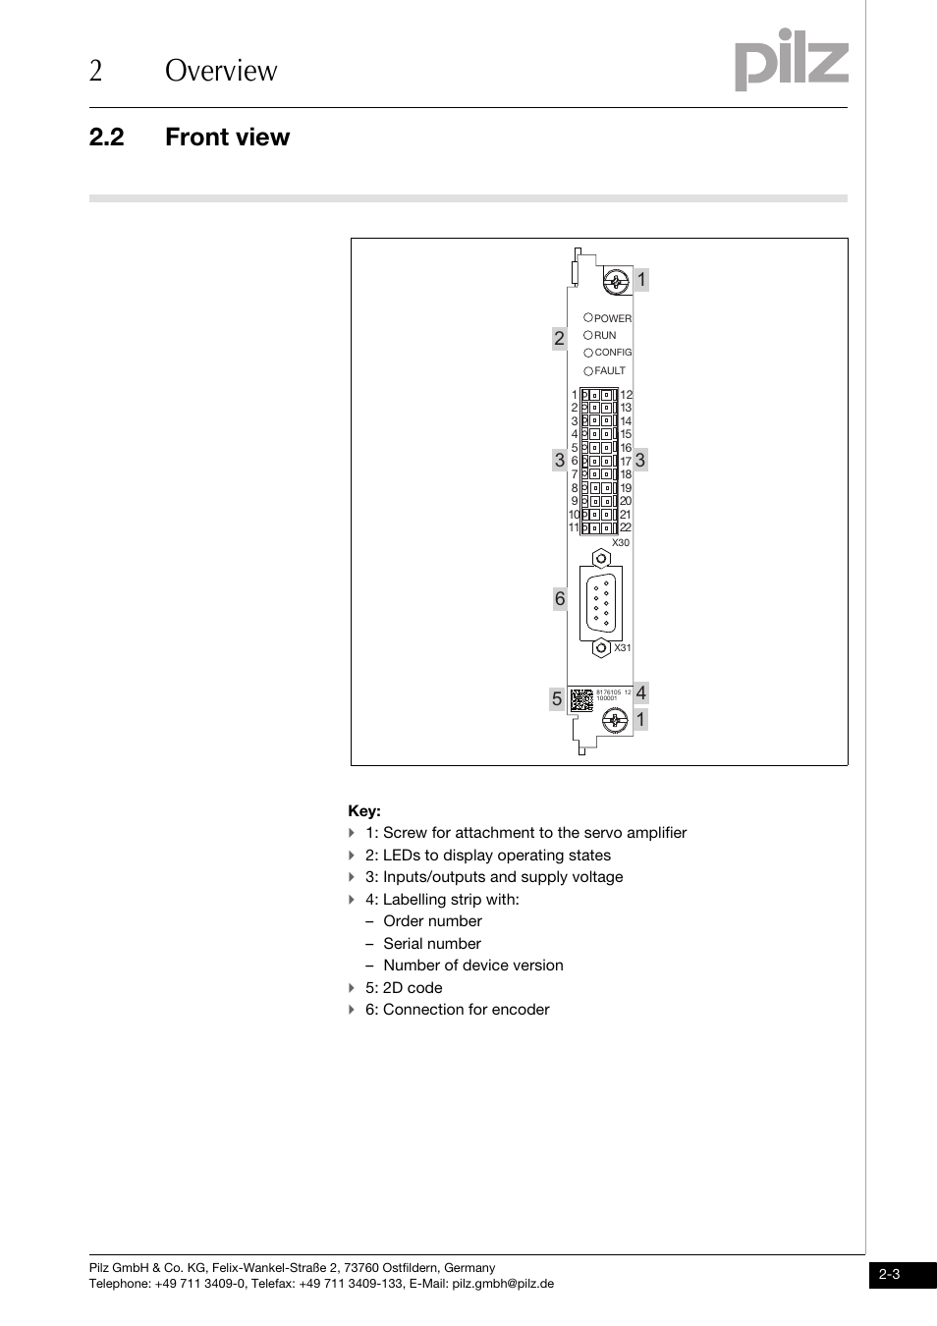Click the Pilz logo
pyautogui.click(x=791, y=60)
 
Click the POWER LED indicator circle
pyautogui.click(x=588, y=317)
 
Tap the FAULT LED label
pyautogui.click(x=610, y=371)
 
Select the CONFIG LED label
pyautogui.click(x=613, y=353)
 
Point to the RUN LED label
pyautogui.click(x=605, y=335)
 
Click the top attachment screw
pyautogui.click(x=616, y=283)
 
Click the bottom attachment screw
pyautogui.click(x=616, y=723)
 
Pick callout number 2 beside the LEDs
pyautogui.click(x=559, y=339)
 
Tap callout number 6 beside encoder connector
pyautogui.click(x=559, y=599)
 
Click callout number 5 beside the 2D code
pyautogui.click(x=557, y=699)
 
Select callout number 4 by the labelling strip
pyautogui.click(x=640, y=693)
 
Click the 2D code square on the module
pyautogui.click(x=581, y=700)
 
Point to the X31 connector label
pyautogui.click(x=622, y=648)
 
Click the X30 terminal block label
pyautogui.click(x=620, y=542)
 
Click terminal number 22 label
pyautogui.click(x=626, y=527)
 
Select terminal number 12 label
pyautogui.click(x=627, y=395)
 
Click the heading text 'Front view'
pyautogui.click(x=227, y=138)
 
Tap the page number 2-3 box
pyautogui.click(x=890, y=1275)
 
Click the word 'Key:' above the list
pyautogui.click(x=364, y=811)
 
